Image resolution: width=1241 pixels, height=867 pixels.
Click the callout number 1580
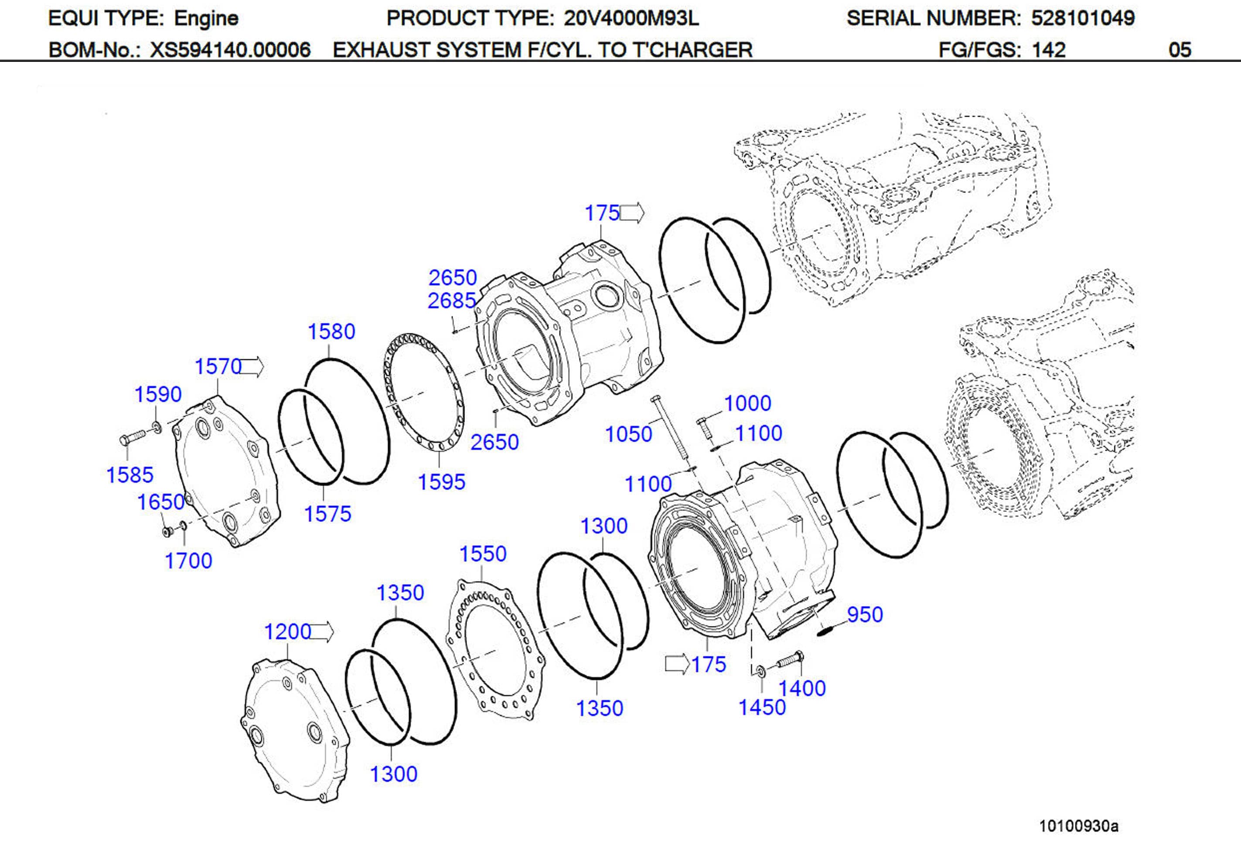[x=331, y=331]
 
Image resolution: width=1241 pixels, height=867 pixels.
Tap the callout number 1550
[x=483, y=554]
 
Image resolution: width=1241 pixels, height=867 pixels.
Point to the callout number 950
[x=865, y=615]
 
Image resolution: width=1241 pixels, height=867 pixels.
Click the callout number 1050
[x=628, y=434]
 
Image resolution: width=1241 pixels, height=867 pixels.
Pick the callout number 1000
[x=747, y=403]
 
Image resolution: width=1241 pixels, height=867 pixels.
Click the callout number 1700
[x=188, y=561]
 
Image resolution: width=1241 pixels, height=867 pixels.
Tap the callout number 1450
[x=762, y=707]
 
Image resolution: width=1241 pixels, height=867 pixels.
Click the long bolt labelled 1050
[x=672, y=432]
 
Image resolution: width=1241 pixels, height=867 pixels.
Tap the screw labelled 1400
[x=790, y=660]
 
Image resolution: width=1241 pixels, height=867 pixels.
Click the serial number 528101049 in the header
[x=1083, y=18]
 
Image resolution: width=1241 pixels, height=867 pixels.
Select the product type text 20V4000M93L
[x=631, y=18]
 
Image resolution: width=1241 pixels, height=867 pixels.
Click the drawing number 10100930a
[x=1078, y=826]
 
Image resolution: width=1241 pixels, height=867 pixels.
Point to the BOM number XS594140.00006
[x=230, y=50]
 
